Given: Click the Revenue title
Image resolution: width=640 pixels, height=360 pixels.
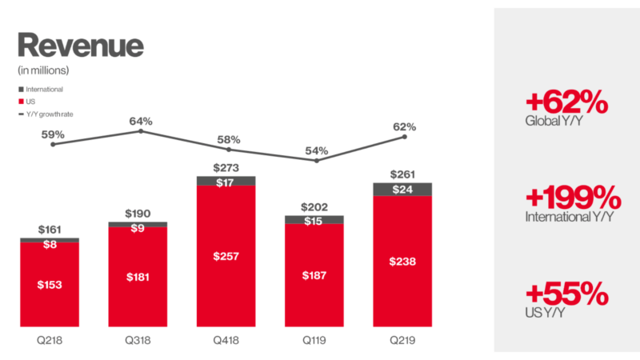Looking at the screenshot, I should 80,45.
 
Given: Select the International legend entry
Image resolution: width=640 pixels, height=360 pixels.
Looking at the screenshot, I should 45,90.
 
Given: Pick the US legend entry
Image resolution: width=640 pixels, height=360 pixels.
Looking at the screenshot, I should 31,102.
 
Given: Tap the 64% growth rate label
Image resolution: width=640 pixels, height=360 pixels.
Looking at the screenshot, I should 141,122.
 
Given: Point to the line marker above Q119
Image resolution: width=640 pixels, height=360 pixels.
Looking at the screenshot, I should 316,161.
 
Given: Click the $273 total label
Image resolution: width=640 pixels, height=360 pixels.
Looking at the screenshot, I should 226,168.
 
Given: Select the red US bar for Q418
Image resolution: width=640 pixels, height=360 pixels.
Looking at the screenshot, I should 226,256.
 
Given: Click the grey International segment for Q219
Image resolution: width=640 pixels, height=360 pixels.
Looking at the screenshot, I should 402,190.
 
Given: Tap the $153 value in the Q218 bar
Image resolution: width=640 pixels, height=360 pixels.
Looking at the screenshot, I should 50,284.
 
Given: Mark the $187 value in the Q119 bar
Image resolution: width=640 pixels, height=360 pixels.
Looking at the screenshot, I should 314,275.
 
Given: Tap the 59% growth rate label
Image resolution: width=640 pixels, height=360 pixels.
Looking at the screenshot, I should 53,134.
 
